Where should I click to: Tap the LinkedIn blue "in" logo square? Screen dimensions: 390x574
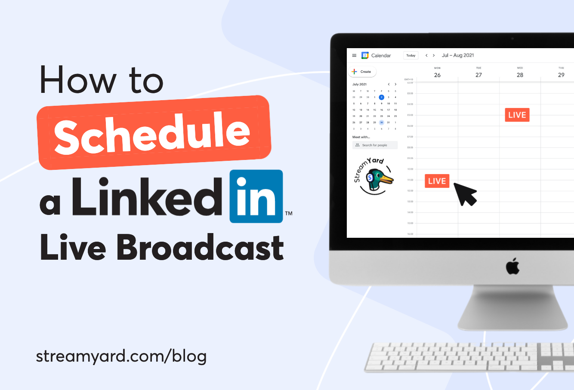pyautogui.click(x=256, y=197)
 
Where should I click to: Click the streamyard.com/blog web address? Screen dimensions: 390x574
pyautogui.click(x=121, y=356)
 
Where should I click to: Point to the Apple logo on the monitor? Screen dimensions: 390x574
pyautogui.click(x=512, y=267)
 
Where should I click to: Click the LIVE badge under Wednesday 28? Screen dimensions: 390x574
pyautogui.click(x=517, y=115)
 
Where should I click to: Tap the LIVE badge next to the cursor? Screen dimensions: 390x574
pyautogui.click(x=437, y=181)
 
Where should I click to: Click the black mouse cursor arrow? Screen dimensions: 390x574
pyautogui.click(x=464, y=193)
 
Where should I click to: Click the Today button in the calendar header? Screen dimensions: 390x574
pyautogui.click(x=411, y=55)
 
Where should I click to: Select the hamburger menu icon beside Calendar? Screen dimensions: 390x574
pyautogui.click(x=354, y=55)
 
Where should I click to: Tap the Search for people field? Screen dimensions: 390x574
pyautogui.click(x=375, y=145)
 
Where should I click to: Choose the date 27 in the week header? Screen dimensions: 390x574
pyautogui.click(x=478, y=75)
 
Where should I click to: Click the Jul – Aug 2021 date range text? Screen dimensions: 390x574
pyautogui.click(x=458, y=55)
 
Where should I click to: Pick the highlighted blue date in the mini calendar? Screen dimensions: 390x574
pyautogui.click(x=381, y=97)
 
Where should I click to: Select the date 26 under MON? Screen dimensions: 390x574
pyautogui.click(x=437, y=75)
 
